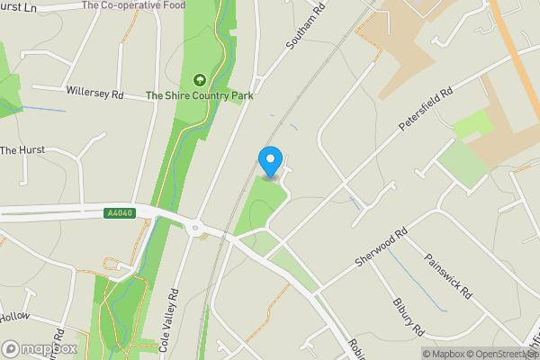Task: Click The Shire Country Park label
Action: point(199,95)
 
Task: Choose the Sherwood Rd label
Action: point(382,245)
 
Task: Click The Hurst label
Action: point(21,150)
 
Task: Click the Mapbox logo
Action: point(40,348)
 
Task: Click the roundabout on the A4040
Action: point(195,227)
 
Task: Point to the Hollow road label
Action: point(14,317)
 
